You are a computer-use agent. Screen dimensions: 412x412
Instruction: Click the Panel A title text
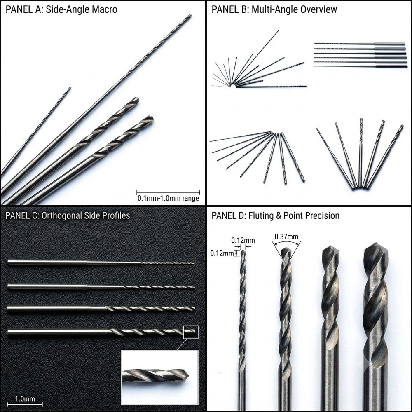(x=61, y=9)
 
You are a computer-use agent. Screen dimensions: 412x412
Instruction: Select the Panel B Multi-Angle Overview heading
(x=274, y=9)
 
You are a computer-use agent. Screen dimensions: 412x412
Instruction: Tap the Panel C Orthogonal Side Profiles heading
(x=68, y=215)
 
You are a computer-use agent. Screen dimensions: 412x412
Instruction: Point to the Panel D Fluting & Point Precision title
(x=275, y=215)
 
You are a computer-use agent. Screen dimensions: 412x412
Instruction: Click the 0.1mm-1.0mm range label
(x=168, y=198)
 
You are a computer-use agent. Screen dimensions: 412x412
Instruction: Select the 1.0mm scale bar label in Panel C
(x=25, y=399)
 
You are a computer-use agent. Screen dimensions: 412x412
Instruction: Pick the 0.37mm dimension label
(x=286, y=237)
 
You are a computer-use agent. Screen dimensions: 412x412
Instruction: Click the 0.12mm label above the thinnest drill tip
(x=243, y=241)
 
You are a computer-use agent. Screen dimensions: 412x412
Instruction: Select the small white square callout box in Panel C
(x=191, y=332)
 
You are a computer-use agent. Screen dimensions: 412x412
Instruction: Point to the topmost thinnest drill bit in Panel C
(x=101, y=263)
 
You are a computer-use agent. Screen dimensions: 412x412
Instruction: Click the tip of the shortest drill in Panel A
(x=70, y=87)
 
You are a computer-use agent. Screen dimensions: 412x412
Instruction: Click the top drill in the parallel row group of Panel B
(x=360, y=44)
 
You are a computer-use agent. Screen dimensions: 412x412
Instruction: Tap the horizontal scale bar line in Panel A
(x=168, y=192)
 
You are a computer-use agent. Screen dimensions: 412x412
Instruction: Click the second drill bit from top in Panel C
(x=101, y=287)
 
